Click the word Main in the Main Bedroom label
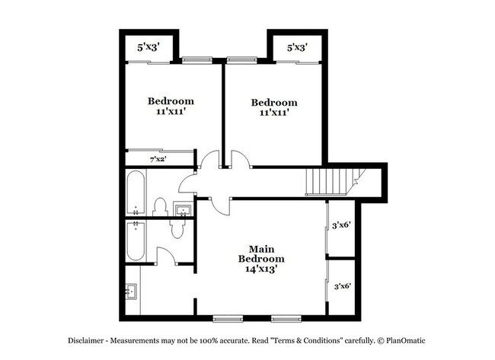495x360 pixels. [261, 249]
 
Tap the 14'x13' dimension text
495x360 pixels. [261, 269]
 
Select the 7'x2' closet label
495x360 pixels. [158, 159]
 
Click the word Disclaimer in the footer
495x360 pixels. [85, 341]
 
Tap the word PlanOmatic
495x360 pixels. [406, 341]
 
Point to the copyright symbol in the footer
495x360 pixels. [381, 341]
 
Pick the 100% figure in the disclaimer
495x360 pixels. [209, 341]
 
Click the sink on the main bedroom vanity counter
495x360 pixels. [131, 292]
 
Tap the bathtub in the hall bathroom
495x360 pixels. [136, 193]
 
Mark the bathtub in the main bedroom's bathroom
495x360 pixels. [136, 241]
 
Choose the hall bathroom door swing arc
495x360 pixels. [186, 183]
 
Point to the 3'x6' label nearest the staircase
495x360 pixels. [341, 225]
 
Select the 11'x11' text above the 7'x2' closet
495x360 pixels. [171, 111]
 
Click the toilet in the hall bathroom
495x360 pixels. [160, 207]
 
